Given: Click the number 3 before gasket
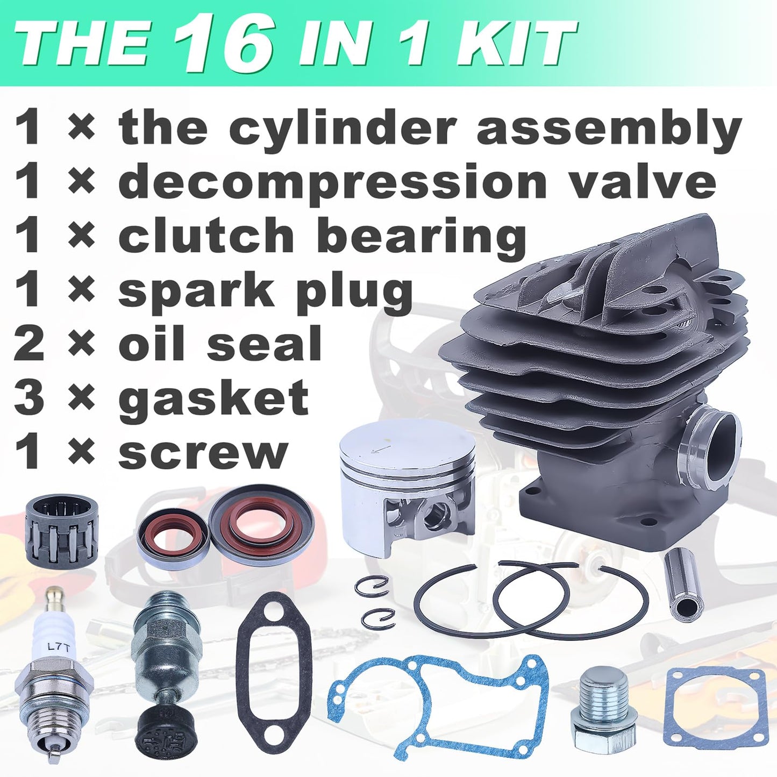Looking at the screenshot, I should click(28, 398).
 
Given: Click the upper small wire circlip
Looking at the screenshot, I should click(372, 586).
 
